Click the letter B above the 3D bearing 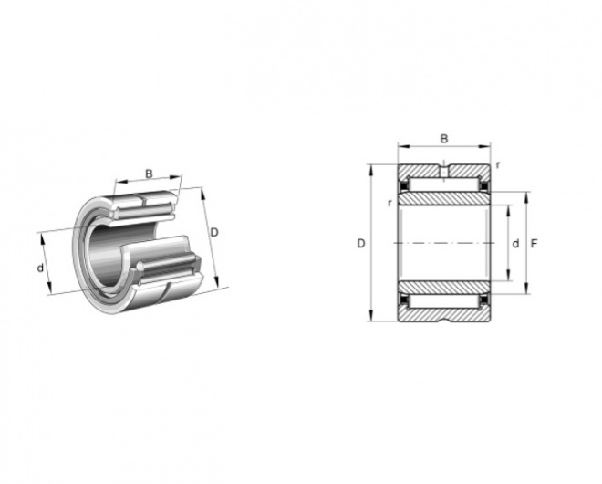[x=149, y=174]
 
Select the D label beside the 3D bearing [x=214, y=232]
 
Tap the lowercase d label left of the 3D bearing [x=40, y=268]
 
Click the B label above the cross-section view [x=444, y=139]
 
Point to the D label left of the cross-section [x=361, y=243]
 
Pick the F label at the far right [x=534, y=243]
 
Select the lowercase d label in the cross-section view [x=515, y=243]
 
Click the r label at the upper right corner [x=498, y=165]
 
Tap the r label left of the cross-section [x=389, y=203]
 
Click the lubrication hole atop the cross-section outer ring [x=444, y=170]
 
